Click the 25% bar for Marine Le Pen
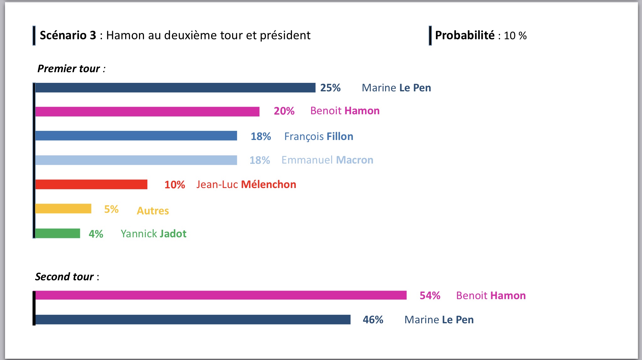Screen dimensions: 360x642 tap(175, 88)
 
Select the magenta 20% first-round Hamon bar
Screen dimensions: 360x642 tap(147, 111)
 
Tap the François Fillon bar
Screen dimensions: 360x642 tap(136, 136)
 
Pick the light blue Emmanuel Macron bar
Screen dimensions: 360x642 tap(136, 160)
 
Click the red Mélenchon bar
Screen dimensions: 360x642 tap(91, 184)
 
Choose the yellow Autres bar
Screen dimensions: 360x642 tap(63, 208)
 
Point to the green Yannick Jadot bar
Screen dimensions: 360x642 tap(57, 233)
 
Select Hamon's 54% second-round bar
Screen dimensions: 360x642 tap(221, 295)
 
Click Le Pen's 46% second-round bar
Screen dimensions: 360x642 tap(193, 320)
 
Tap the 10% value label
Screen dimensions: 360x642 tap(175, 185)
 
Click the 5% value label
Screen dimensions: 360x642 tap(111, 209)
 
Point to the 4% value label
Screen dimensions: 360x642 tap(96, 234)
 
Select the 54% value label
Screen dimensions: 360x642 tap(430, 295)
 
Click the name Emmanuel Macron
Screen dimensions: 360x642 tap(327, 160)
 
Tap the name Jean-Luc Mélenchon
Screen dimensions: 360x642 tap(246, 185)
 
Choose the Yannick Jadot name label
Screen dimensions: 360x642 tap(153, 234)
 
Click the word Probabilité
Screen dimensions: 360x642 tap(465, 35)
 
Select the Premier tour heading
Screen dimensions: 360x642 tap(71, 68)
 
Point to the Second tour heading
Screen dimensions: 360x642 tap(67, 277)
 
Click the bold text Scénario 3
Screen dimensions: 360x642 tap(68, 35)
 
